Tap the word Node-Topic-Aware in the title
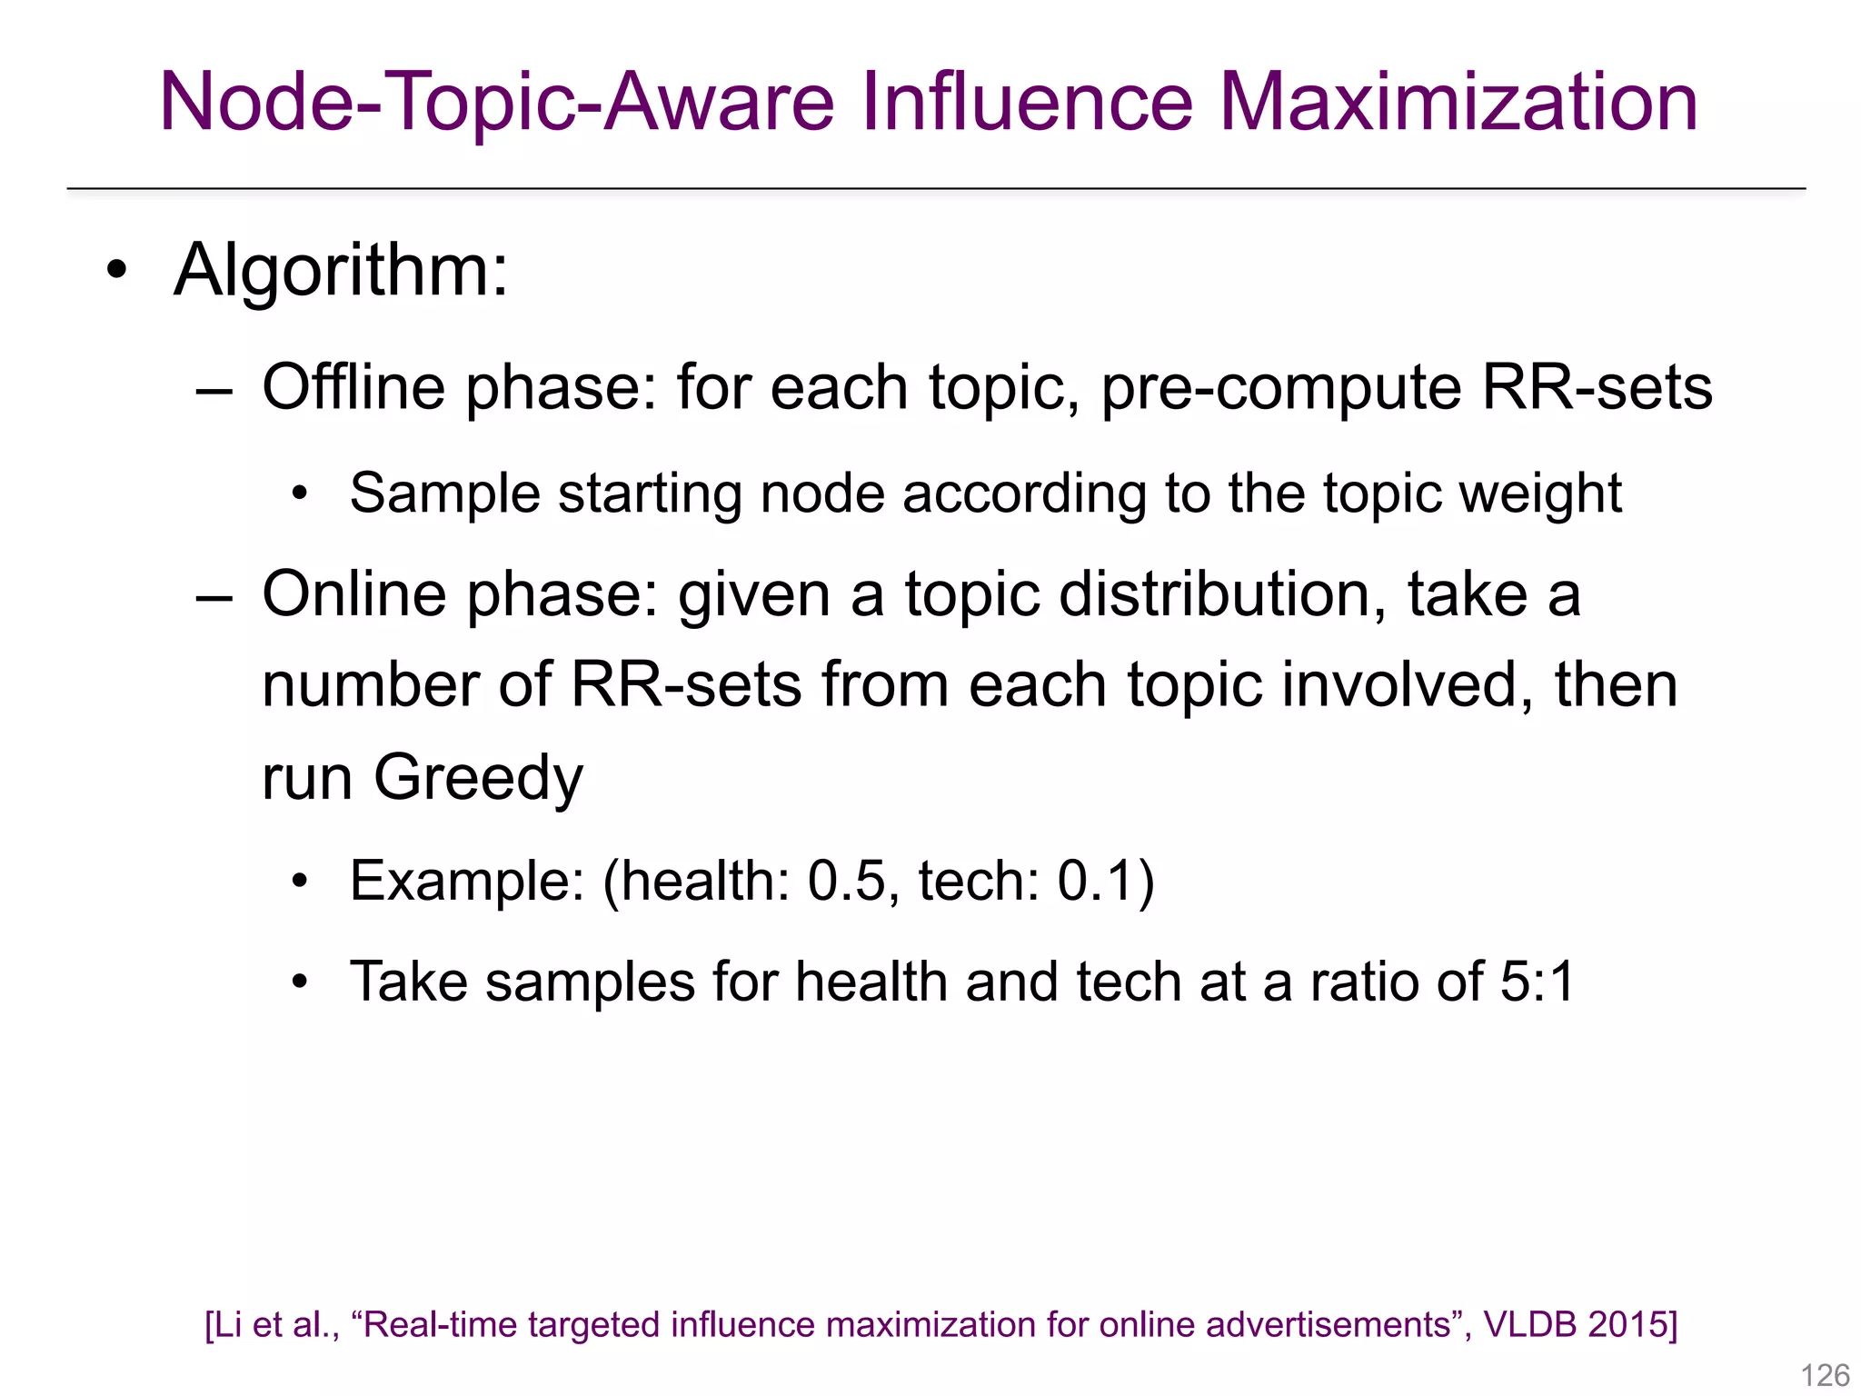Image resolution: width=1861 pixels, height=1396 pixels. click(x=496, y=102)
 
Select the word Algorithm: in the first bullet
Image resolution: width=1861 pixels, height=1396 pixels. click(x=341, y=270)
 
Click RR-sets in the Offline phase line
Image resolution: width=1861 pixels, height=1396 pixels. click(x=1597, y=387)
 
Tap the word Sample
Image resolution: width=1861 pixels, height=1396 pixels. click(x=445, y=494)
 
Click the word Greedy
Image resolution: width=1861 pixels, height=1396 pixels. click(x=478, y=780)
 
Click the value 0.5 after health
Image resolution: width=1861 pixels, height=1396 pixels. click(x=846, y=881)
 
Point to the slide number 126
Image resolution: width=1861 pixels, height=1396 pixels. click(x=1825, y=1375)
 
